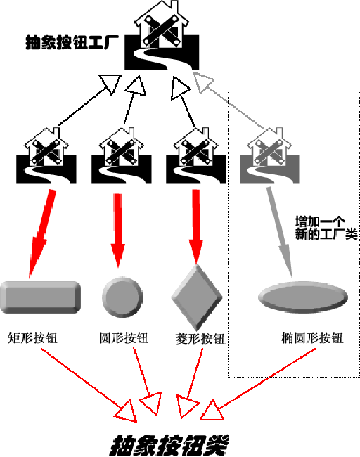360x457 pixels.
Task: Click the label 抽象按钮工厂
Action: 72,43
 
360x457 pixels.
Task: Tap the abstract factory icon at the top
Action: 162,37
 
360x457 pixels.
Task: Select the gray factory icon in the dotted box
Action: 269,156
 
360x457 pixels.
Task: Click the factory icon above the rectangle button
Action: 46,156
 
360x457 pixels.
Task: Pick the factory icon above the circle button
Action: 121,156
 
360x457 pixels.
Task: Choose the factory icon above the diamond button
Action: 196,156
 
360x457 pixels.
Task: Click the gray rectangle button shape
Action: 40,297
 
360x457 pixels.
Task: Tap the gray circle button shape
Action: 122,297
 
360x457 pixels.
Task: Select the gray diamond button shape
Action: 197,297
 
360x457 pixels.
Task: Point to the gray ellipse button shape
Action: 303,297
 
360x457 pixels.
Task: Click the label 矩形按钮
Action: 32,338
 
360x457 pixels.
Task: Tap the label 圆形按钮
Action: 124,338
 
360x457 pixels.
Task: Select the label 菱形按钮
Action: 200,338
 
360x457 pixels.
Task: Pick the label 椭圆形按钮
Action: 312,338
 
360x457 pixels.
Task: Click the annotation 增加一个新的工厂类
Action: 326,228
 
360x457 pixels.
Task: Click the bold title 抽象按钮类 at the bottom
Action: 169,445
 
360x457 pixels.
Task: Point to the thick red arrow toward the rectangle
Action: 42,233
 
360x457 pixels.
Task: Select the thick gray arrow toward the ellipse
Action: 280,233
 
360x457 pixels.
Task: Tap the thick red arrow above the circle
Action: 117,230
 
